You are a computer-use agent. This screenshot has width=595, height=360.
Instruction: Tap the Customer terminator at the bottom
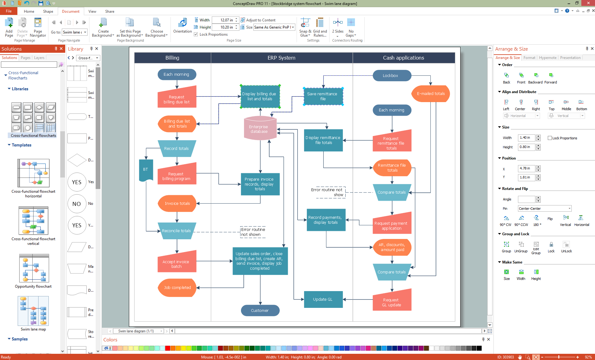coord(260,310)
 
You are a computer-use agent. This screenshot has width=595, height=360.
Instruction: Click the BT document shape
coord(146,169)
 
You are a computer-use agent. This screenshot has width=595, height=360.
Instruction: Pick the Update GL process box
coord(323,299)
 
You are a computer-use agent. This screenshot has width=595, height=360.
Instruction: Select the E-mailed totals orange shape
coord(430,94)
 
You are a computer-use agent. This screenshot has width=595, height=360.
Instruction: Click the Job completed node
coord(177,288)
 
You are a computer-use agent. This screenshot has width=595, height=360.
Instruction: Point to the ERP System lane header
coord(281,58)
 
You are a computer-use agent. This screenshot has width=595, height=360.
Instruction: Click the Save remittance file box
coord(323,96)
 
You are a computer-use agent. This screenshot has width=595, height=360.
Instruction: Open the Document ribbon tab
coord(70,11)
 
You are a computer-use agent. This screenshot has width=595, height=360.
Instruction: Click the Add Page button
coord(9,27)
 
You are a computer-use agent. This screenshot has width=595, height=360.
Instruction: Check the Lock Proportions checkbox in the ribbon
coord(196,34)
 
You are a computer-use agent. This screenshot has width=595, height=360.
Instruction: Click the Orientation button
coord(182,26)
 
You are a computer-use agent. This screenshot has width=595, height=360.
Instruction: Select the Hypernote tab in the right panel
coord(547,58)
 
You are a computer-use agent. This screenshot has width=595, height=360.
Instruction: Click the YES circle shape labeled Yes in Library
coord(77,182)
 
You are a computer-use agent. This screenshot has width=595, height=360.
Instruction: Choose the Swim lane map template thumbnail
coord(33,311)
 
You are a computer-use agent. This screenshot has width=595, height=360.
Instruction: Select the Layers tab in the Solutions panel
coord(39,58)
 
